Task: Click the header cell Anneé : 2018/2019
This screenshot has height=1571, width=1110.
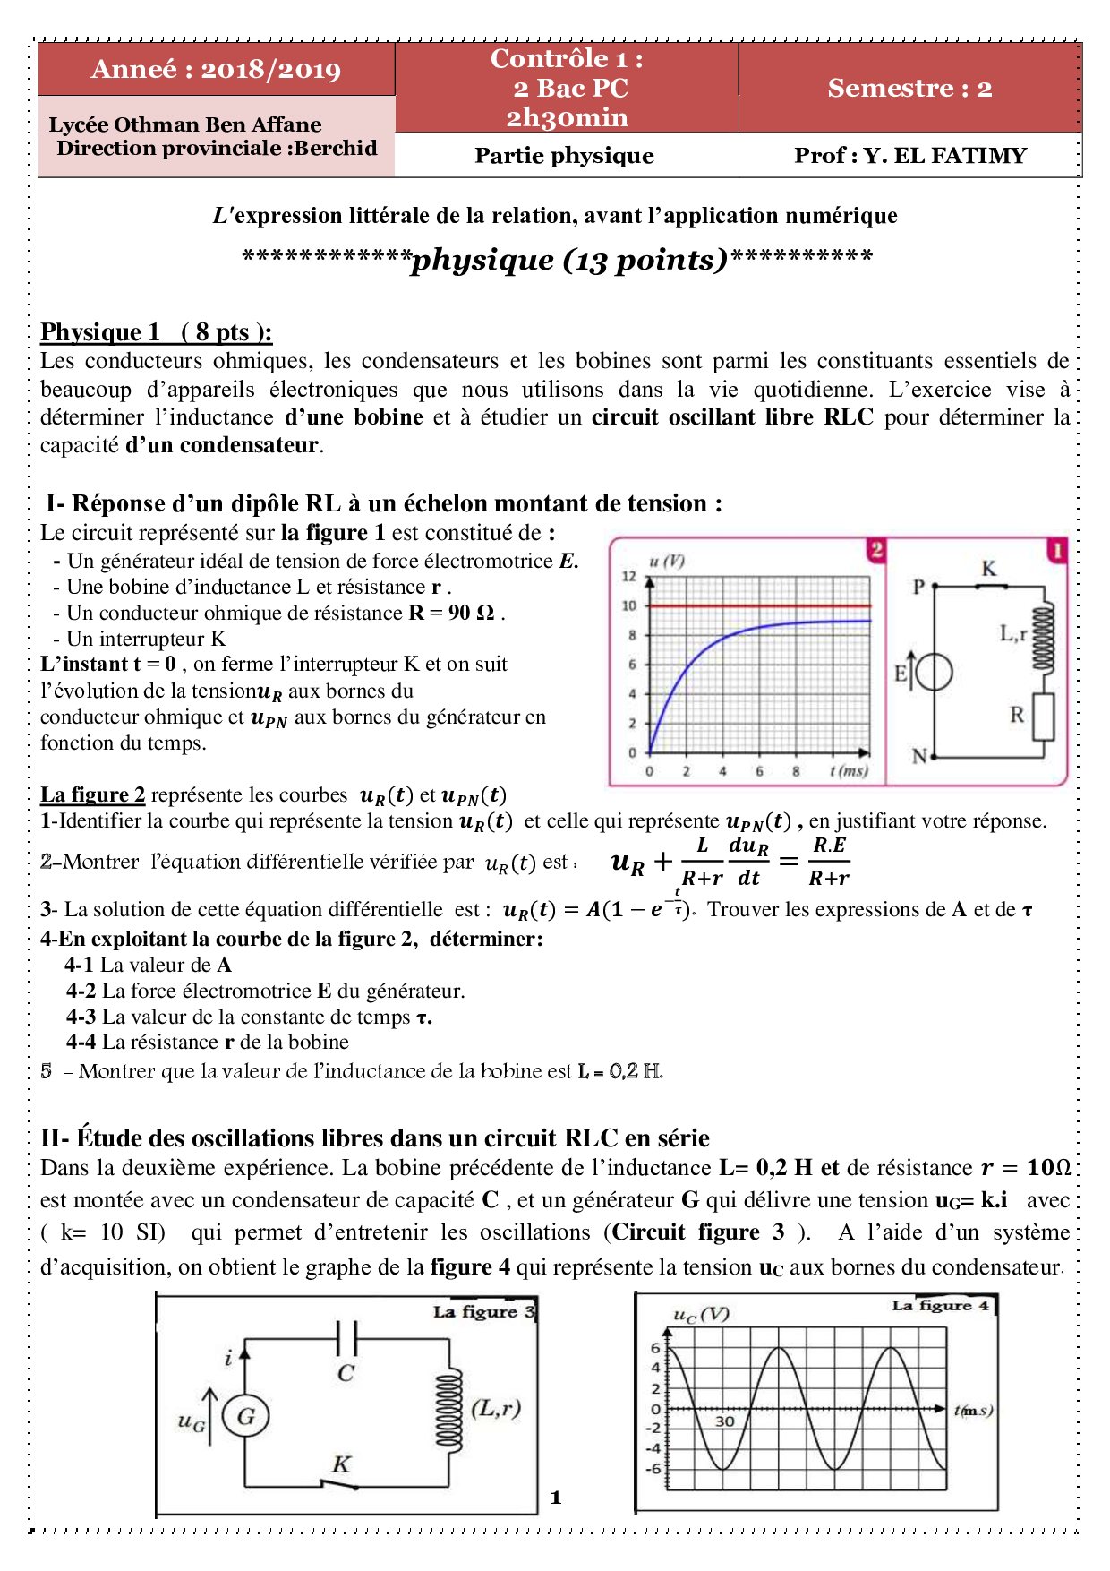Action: click(216, 70)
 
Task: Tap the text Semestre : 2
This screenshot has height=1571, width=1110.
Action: click(909, 88)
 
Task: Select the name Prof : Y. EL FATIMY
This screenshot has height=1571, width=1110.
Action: click(909, 156)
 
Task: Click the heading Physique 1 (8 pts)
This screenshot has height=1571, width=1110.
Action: click(156, 332)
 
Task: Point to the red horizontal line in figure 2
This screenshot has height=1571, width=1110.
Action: click(761, 606)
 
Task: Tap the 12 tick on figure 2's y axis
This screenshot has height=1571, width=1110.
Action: click(629, 577)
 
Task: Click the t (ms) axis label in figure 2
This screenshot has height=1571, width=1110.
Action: click(848, 771)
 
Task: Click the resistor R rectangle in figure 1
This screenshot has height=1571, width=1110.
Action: click(1043, 717)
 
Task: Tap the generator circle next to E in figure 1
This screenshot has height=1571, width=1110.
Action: click(934, 673)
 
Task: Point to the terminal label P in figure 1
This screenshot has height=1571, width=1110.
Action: click(918, 588)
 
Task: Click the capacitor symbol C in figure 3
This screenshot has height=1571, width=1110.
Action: click(346, 1339)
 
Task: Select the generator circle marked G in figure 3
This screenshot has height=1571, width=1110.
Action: click(245, 1417)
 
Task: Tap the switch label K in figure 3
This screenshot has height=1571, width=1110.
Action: click(341, 1464)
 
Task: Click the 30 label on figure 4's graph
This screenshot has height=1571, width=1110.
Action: click(724, 1421)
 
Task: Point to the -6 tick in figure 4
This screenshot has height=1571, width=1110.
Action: click(654, 1469)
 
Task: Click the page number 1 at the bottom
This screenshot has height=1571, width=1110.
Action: click(556, 1498)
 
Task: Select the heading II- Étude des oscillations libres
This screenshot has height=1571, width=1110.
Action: click(375, 1138)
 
